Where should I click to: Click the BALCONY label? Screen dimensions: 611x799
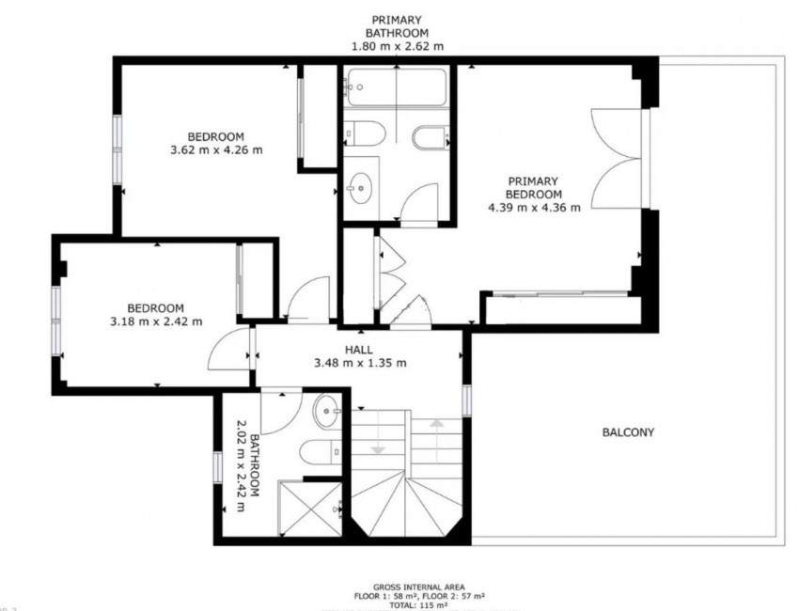[627, 433]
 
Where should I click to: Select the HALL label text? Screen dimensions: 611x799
[359, 350]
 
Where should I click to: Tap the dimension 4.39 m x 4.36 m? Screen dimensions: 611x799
[534, 208]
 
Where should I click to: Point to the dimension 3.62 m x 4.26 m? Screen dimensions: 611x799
[215, 149]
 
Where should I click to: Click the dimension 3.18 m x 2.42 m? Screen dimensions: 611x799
[155, 321]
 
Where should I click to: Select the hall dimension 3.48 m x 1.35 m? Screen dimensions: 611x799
[359, 364]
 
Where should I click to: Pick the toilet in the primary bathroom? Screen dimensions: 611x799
[364, 135]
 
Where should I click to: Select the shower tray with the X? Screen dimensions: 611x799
[309, 509]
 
